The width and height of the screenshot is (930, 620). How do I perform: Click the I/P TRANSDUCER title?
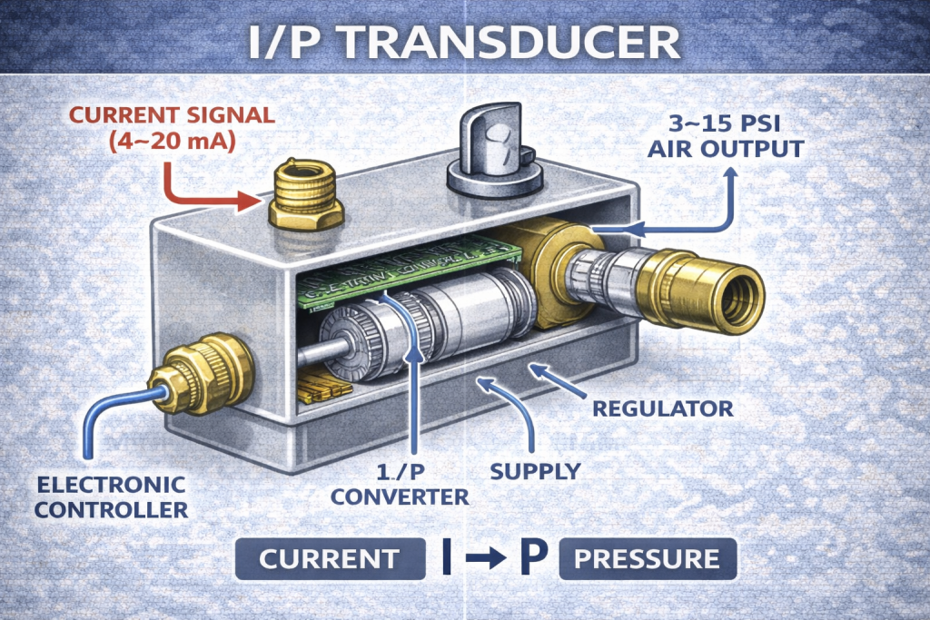464,43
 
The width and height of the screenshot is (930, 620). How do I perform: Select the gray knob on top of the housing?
492,150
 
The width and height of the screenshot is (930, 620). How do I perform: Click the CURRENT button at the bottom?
329,559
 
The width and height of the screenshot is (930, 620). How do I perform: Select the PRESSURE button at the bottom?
648,559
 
